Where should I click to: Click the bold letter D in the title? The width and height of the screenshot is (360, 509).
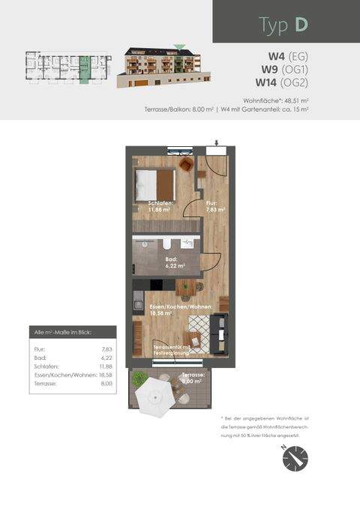[300, 24]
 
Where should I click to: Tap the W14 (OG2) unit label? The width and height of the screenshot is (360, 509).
[281, 82]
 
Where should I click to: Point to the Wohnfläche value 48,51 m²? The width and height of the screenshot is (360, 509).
[295, 100]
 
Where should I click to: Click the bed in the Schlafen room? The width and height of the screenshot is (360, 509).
[154, 184]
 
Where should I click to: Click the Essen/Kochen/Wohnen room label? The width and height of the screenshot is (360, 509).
[180, 311]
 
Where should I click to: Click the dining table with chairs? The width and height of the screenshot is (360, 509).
[185, 287]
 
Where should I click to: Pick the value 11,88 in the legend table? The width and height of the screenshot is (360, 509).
[105, 366]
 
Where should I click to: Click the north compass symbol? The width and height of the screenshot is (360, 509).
[295, 457]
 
